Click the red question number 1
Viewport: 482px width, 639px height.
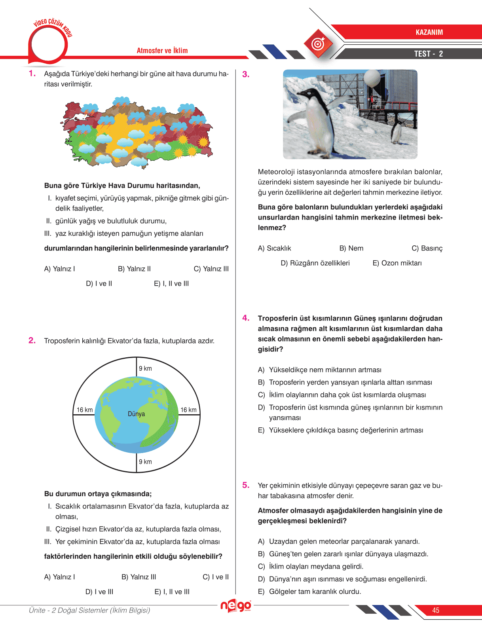(x=32, y=74)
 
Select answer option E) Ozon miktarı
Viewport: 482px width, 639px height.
(x=397, y=263)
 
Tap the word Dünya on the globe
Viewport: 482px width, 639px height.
(x=136, y=414)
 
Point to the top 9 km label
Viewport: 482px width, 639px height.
(x=145, y=368)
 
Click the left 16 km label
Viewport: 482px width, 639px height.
(x=85, y=410)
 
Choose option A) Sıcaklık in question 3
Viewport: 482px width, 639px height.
(x=274, y=248)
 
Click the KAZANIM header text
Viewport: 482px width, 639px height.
(x=429, y=32)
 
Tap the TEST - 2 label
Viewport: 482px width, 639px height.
(x=428, y=54)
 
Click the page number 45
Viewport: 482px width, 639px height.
(x=436, y=610)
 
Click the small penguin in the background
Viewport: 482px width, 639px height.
(x=396, y=132)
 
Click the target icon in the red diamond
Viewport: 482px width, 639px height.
(x=318, y=44)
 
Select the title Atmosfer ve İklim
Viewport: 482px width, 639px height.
(x=162, y=51)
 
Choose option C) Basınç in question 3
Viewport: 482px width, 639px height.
(x=427, y=248)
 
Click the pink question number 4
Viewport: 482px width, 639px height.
(x=246, y=318)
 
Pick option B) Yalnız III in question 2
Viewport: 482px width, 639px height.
(x=139, y=577)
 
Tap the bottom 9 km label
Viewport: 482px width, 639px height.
(x=145, y=462)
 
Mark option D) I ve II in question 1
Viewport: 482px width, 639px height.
(x=99, y=284)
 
